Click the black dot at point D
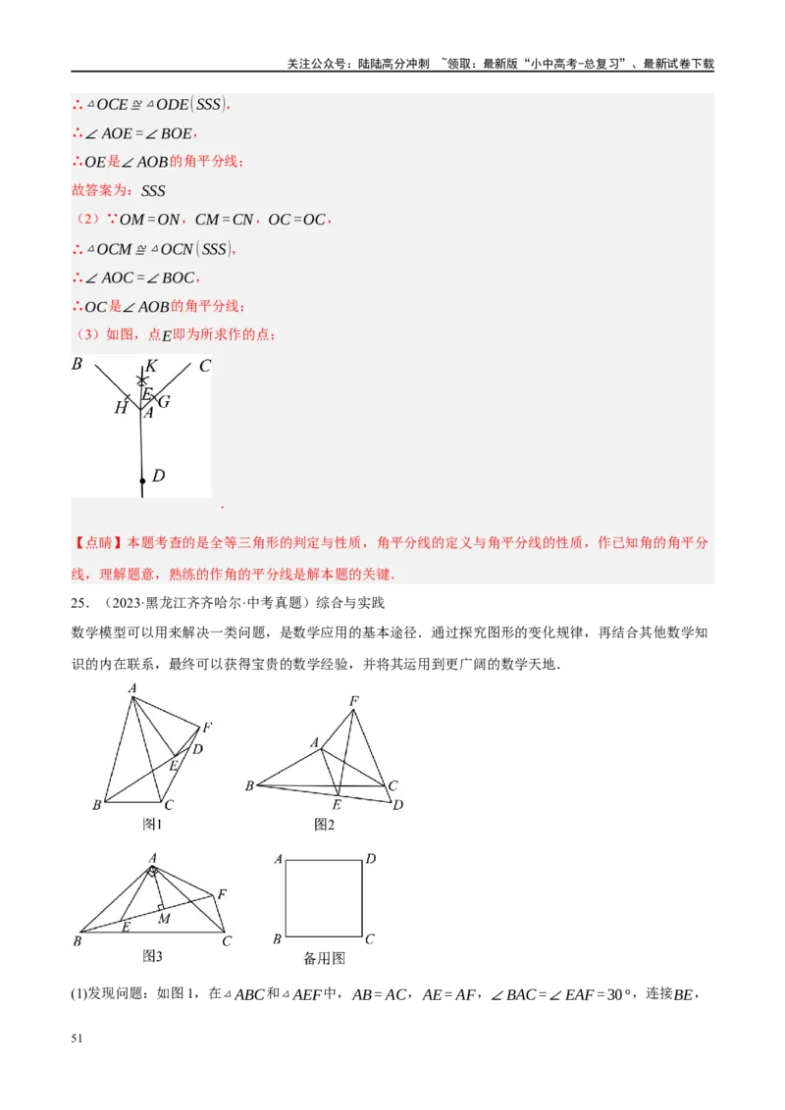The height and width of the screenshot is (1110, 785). (142, 480)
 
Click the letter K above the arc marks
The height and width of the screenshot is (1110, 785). (151, 366)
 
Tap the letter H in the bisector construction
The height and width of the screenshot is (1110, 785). (121, 408)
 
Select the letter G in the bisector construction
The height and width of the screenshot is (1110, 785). (164, 401)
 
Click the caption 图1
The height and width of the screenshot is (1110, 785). (152, 825)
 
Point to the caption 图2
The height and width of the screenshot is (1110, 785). (325, 825)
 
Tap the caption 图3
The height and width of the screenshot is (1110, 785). (152, 956)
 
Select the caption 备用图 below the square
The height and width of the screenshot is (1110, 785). (325, 959)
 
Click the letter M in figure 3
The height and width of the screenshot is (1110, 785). (164, 919)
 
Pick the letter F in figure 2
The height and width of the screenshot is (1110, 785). (354, 700)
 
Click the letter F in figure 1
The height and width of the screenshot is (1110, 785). (207, 728)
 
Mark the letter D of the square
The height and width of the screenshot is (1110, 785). (371, 860)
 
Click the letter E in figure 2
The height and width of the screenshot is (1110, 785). (337, 804)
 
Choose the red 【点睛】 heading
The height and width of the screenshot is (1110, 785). (97, 542)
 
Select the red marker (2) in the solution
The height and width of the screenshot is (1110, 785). (87, 220)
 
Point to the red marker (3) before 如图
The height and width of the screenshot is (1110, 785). (87, 335)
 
